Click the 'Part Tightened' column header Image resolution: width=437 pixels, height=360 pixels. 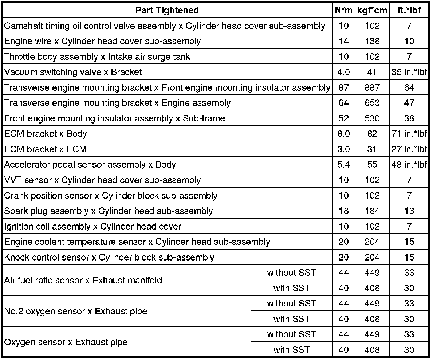coord(167,10)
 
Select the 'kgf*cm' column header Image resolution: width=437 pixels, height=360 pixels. coord(372,10)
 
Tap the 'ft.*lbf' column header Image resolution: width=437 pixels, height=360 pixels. coord(409,10)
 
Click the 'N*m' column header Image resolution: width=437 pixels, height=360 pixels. coord(343,10)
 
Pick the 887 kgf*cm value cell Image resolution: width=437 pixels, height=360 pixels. coord(372,87)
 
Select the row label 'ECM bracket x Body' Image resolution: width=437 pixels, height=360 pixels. coord(46,134)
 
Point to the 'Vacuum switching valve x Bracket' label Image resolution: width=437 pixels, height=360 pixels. coord(73,72)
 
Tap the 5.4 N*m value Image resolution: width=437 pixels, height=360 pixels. coord(343,165)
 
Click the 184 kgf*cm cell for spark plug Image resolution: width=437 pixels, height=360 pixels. coord(372,211)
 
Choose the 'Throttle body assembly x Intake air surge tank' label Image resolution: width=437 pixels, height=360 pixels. coord(97,57)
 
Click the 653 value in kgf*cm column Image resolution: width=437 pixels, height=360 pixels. coord(372,103)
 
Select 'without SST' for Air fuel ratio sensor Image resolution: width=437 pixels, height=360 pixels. coord(291,273)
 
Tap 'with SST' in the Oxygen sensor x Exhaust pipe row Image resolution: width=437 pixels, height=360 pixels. coord(291,350)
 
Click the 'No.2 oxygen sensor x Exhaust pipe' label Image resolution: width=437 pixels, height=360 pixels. coord(76,311)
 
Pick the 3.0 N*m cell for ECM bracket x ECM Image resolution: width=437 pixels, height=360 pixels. coord(343,149)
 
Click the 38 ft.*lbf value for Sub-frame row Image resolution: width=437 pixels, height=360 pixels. coord(409,118)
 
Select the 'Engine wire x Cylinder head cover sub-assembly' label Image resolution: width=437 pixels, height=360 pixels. coord(102,41)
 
